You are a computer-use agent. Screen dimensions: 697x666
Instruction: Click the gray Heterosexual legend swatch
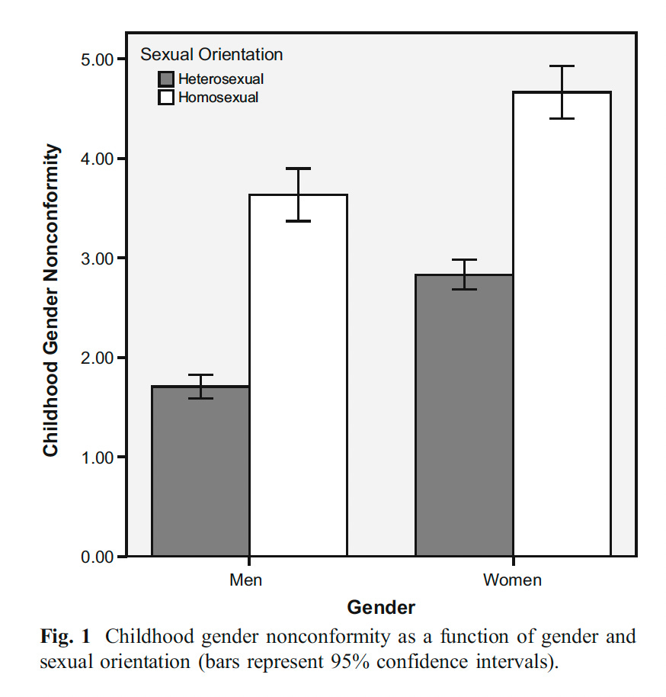pyautogui.click(x=166, y=79)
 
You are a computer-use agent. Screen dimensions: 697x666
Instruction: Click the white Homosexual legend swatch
pyautogui.click(x=166, y=97)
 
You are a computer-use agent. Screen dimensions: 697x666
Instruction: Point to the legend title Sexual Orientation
pyautogui.click(x=211, y=55)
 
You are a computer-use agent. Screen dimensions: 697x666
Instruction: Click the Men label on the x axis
pyautogui.click(x=245, y=580)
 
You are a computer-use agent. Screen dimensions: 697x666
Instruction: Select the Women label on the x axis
pyautogui.click(x=512, y=580)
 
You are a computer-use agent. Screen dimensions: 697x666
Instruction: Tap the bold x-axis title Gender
pyautogui.click(x=381, y=608)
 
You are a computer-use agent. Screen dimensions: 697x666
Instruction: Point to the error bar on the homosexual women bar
pyautogui.click(x=562, y=92)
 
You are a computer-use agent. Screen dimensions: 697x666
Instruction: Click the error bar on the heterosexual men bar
pyautogui.click(x=201, y=387)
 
